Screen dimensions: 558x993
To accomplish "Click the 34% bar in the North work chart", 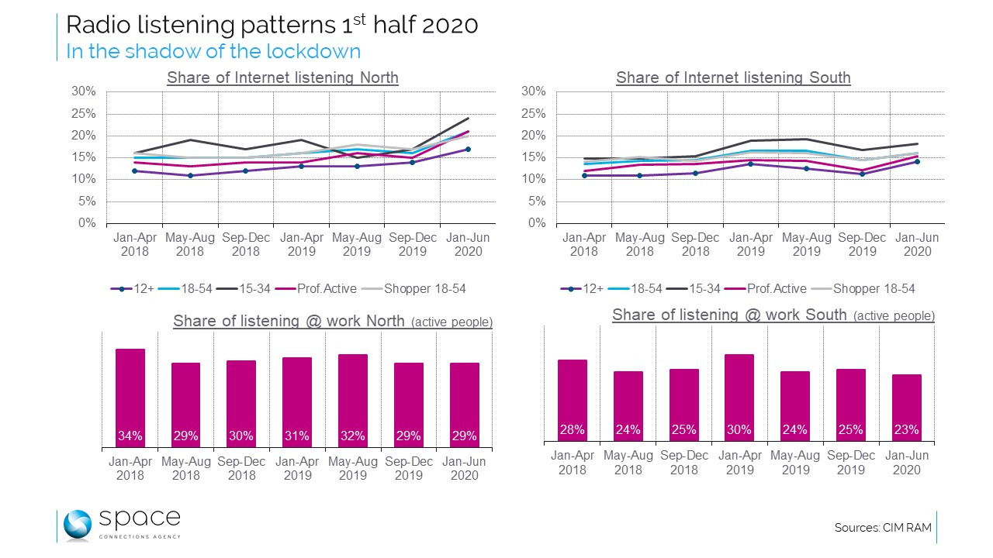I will [x=130, y=398].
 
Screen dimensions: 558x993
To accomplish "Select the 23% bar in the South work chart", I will [x=906, y=408].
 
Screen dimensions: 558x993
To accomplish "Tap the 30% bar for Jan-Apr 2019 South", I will [x=739, y=398].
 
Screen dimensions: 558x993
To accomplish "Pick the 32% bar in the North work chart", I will [x=353, y=401].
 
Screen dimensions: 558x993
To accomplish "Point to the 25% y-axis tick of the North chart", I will [x=83, y=113].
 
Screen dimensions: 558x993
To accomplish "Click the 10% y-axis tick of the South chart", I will [x=534, y=179].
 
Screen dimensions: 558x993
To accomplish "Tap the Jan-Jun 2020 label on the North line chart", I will [x=468, y=244].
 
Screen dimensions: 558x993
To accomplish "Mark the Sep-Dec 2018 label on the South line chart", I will [x=695, y=244].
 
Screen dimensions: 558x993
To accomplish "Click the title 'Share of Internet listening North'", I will [x=282, y=77].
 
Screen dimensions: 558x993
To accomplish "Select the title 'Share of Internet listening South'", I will [x=733, y=77].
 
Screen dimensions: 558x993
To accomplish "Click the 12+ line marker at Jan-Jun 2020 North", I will [x=468, y=149].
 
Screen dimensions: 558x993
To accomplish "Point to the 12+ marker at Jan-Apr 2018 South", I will [x=584, y=175].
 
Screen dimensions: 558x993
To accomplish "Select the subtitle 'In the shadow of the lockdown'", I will [x=213, y=51].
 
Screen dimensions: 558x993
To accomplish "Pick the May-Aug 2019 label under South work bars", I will [x=795, y=462].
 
